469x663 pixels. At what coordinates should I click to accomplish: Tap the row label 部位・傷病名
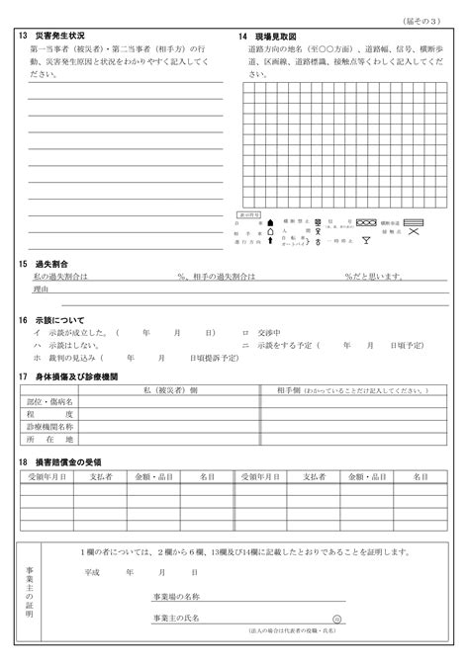point(48,403)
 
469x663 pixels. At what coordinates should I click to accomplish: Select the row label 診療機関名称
point(48,427)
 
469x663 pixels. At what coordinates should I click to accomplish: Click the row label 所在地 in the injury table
point(48,439)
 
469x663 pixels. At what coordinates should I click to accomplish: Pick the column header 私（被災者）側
point(170,391)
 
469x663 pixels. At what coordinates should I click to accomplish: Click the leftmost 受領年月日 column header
point(46,477)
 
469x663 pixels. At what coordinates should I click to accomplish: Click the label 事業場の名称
point(176,597)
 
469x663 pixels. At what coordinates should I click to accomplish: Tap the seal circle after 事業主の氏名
point(336,619)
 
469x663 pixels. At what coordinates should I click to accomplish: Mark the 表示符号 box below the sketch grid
point(250,212)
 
